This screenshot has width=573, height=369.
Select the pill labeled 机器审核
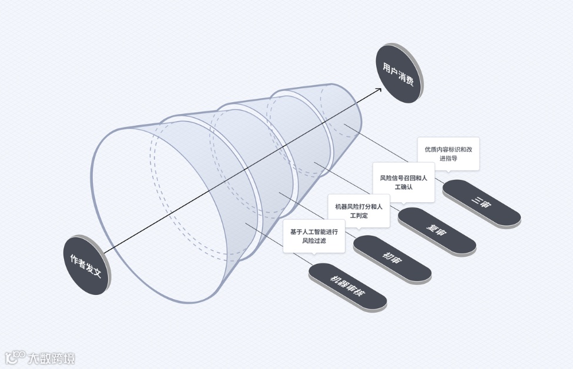point(348,287)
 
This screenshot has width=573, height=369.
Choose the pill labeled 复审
point(437,231)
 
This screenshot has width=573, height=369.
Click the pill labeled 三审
point(482,203)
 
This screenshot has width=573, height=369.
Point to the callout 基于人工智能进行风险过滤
point(314,236)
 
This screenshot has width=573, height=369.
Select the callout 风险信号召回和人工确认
point(404,182)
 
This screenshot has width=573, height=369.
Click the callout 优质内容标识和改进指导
point(448,154)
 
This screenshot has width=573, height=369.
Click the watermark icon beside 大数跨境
point(16,357)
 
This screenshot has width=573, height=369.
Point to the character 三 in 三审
point(476,199)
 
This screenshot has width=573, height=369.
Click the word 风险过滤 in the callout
point(314,241)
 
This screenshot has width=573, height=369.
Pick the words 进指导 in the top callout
point(448,159)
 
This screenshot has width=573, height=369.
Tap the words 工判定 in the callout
point(358,216)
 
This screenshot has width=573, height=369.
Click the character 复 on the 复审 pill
point(431,227)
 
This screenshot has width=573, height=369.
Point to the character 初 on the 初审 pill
point(387,256)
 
